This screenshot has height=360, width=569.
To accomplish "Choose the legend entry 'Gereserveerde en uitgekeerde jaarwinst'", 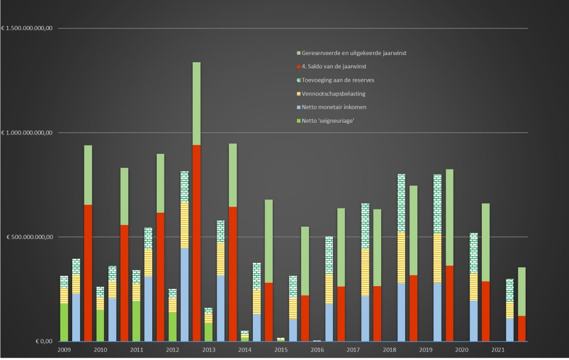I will click(356, 53).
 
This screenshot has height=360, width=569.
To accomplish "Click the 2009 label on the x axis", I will click(64, 350).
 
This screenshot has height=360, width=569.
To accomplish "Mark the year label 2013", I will click(209, 350).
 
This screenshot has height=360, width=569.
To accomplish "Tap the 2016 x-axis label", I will click(317, 350).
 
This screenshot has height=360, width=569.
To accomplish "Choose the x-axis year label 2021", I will click(498, 350).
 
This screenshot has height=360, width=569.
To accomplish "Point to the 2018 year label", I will click(390, 350).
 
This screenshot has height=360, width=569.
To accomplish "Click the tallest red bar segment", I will click(197, 243).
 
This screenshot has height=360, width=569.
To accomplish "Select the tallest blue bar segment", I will click(184, 294).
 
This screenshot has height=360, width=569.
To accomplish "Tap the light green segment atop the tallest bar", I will click(197, 103).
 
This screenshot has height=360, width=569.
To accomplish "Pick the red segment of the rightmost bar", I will click(522, 328).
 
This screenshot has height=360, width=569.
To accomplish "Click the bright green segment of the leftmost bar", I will click(64, 322).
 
